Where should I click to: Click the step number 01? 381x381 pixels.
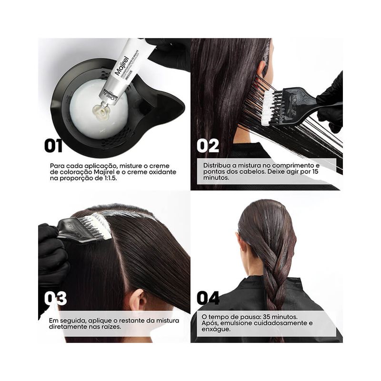53,146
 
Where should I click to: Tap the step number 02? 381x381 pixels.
208,146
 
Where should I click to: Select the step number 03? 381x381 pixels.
55,299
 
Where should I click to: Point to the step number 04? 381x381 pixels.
208,298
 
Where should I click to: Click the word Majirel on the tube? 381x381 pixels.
121,66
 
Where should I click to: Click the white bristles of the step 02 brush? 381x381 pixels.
268,107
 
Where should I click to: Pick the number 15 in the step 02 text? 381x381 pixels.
315,171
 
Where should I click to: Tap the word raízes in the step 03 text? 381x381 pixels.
111,327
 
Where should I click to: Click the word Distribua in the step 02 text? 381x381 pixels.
217,165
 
